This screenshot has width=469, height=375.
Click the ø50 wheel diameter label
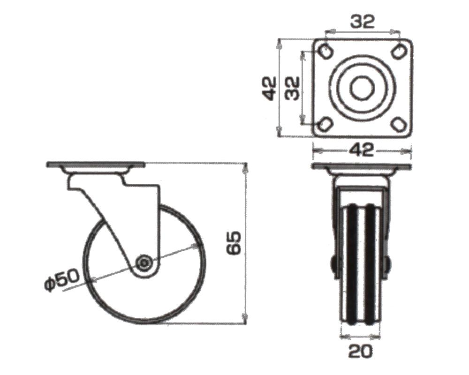62,280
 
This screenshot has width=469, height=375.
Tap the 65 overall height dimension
234,243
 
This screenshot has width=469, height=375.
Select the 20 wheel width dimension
360,351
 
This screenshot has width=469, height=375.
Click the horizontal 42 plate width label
361,150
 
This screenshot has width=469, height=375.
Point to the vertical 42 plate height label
269,88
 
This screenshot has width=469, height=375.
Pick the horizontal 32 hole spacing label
362,22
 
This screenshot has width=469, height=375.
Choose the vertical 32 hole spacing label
292,88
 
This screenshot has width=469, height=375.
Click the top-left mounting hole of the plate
325,51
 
